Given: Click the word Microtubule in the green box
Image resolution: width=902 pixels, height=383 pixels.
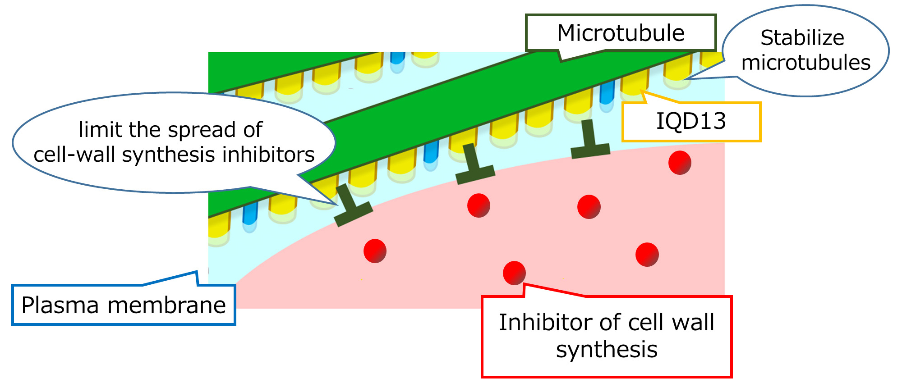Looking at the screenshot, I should click(621, 33).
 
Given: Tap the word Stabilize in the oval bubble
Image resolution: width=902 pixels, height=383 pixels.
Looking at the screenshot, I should click(802, 38).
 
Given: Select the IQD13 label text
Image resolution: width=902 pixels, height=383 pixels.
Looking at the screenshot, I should click(690, 121).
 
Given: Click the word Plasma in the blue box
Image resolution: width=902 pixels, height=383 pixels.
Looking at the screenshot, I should click(60, 305).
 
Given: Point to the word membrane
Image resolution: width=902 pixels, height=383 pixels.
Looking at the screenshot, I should click(166, 305).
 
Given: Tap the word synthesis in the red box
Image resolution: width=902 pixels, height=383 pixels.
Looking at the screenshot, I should click(607, 350).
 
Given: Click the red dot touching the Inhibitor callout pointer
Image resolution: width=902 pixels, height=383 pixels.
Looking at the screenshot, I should click(514, 273).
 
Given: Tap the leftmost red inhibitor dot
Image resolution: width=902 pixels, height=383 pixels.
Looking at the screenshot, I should click(375, 251).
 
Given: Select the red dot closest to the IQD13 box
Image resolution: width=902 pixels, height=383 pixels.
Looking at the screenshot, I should click(680, 162).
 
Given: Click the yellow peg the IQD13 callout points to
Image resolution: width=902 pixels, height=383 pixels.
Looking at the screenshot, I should click(634, 85).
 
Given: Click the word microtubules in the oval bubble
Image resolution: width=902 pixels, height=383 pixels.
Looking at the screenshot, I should click(805, 63).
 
